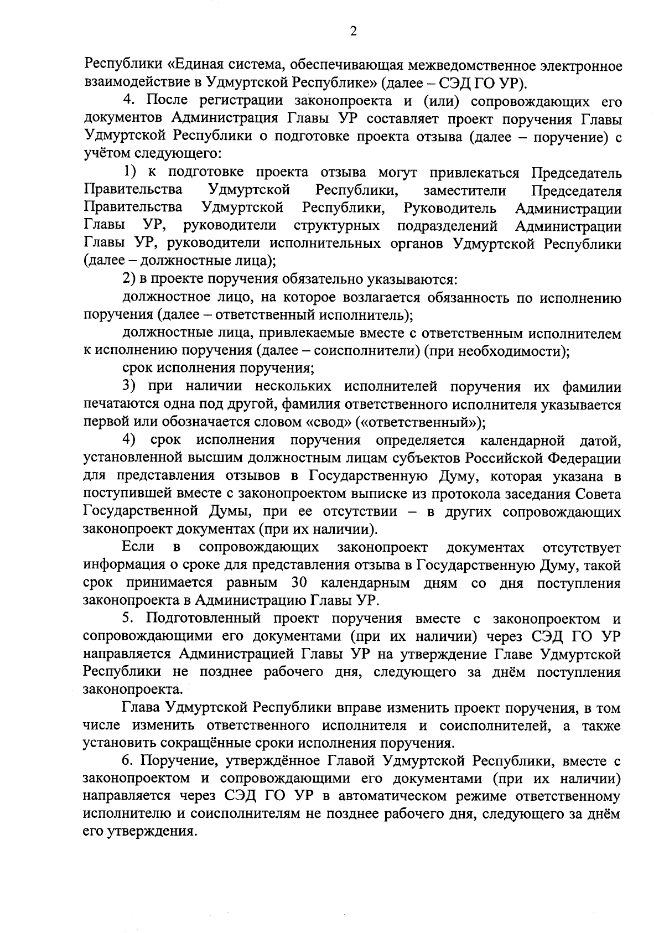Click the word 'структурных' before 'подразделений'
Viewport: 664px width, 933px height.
(337, 226)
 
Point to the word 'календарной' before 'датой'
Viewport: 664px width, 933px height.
(522, 440)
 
